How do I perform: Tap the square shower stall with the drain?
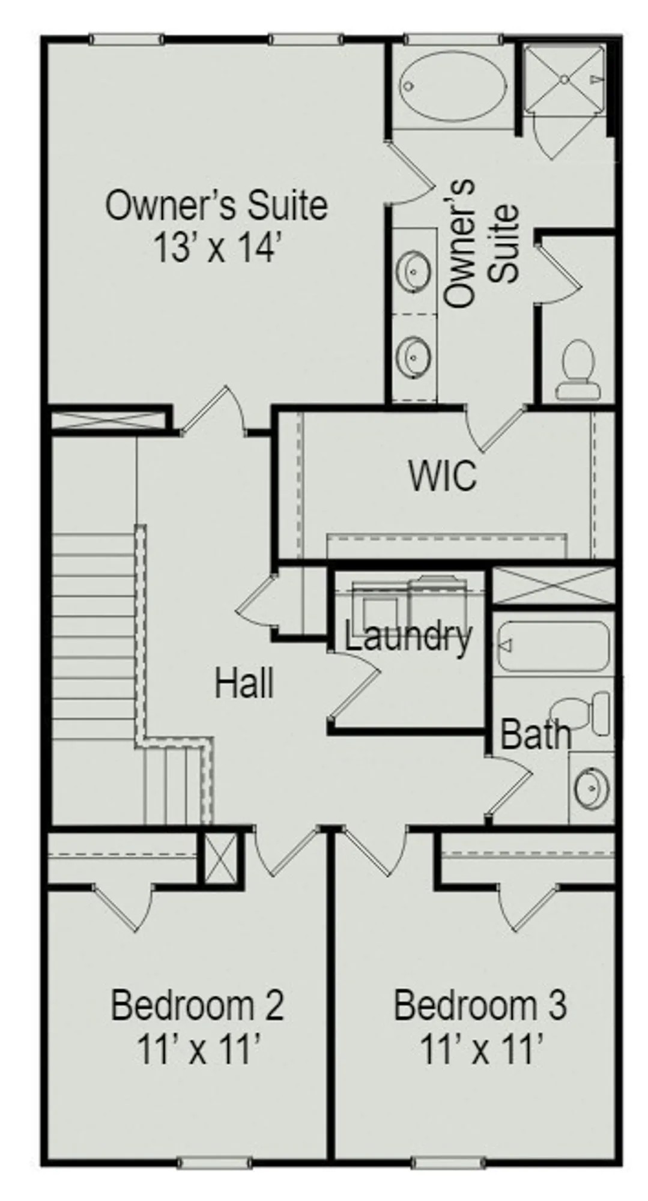564,78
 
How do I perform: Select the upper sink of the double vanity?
414,271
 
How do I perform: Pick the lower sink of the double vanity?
414,355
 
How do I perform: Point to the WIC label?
443,476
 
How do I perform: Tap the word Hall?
244,683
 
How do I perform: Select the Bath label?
535,734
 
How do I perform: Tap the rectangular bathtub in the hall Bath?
554,646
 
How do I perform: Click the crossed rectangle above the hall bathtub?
553,586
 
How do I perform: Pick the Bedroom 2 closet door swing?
123,907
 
